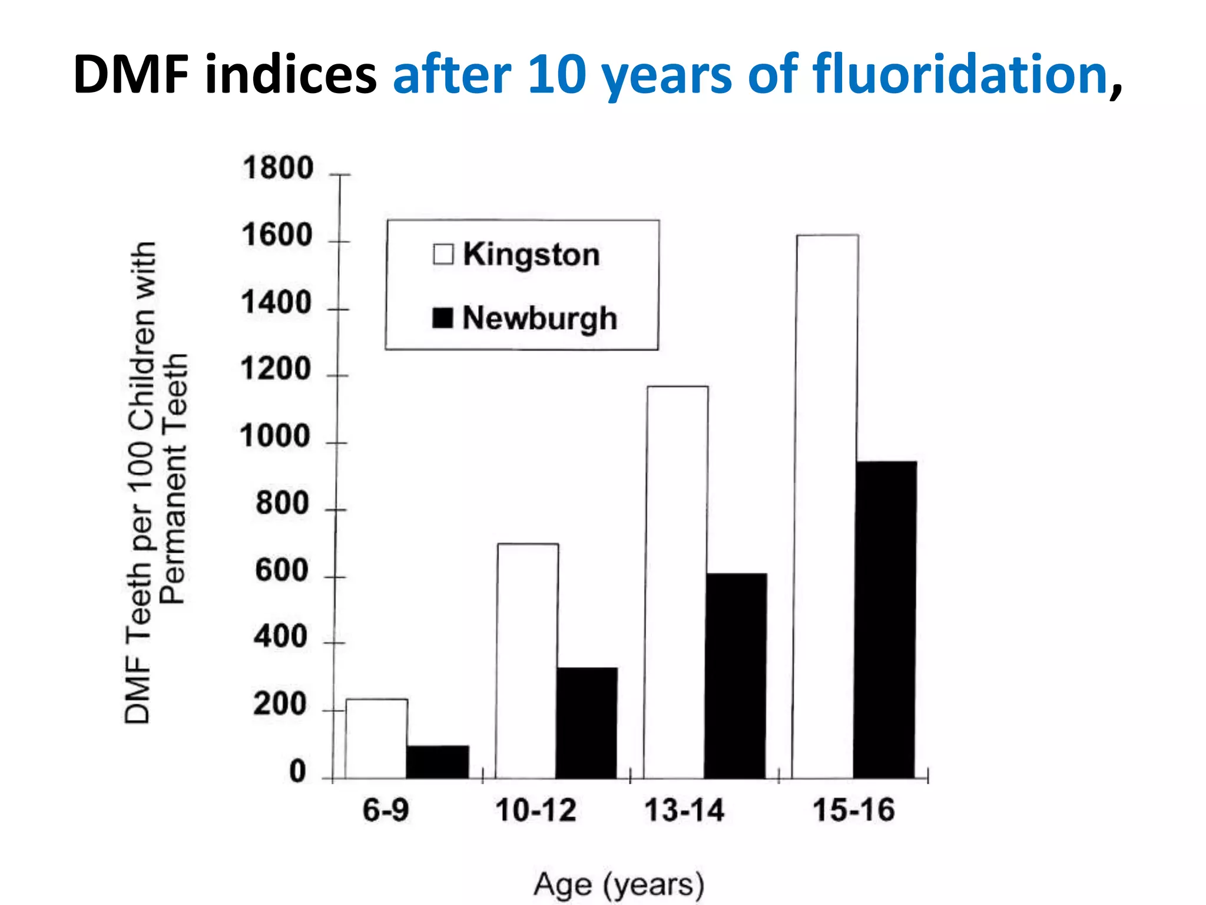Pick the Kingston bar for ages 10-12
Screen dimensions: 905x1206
pyautogui.click(x=527, y=660)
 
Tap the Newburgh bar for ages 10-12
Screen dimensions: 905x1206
pyautogui.click(x=587, y=723)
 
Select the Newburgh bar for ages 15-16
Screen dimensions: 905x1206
pyautogui.click(x=886, y=619)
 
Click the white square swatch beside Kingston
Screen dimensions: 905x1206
pyautogui.click(x=443, y=255)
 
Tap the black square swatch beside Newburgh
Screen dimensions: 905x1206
pyautogui.click(x=443, y=318)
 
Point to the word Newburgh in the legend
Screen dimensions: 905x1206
pyautogui.click(x=540, y=319)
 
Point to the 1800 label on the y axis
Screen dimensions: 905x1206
pyautogui.click(x=278, y=169)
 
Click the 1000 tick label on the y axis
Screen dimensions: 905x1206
pyautogui.click(x=275, y=437)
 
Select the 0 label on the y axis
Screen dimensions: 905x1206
pyautogui.click(x=298, y=772)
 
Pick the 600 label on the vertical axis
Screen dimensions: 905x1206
pyautogui.click(x=282, y=571)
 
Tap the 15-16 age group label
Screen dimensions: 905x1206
pyautogui.click(x=854, y=810)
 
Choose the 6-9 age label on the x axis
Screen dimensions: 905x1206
pyautogui.click(x=386, y=810)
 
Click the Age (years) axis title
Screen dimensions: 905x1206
pyautogui.click(x=619, y=885)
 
